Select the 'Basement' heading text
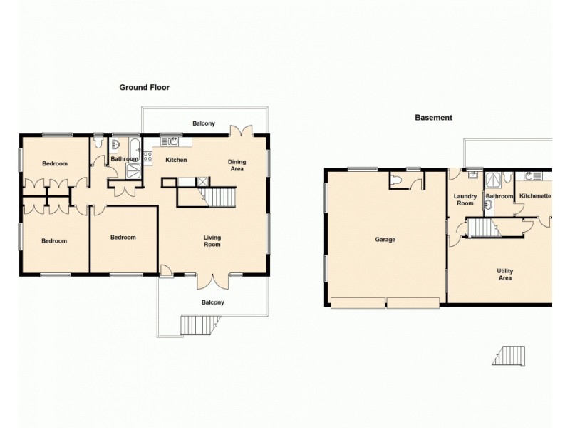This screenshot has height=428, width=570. [x=433, y=118]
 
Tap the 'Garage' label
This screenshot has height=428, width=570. [x=385, y=240]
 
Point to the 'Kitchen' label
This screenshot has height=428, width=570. [x=176, y=160]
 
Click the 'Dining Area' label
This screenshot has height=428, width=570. [x=237, y=165]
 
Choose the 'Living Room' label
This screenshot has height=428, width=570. [x=212, y=241]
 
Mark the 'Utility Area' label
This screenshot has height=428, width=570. [x=505, y=275]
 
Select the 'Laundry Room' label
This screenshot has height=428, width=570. [x=465, y=200]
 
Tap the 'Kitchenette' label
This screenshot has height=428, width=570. [x=535, y=195]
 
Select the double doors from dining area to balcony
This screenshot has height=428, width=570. [x=241, y=131]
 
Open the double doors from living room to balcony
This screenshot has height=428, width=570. [x=213, y=280]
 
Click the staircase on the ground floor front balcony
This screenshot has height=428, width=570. [x=193, y=325]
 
